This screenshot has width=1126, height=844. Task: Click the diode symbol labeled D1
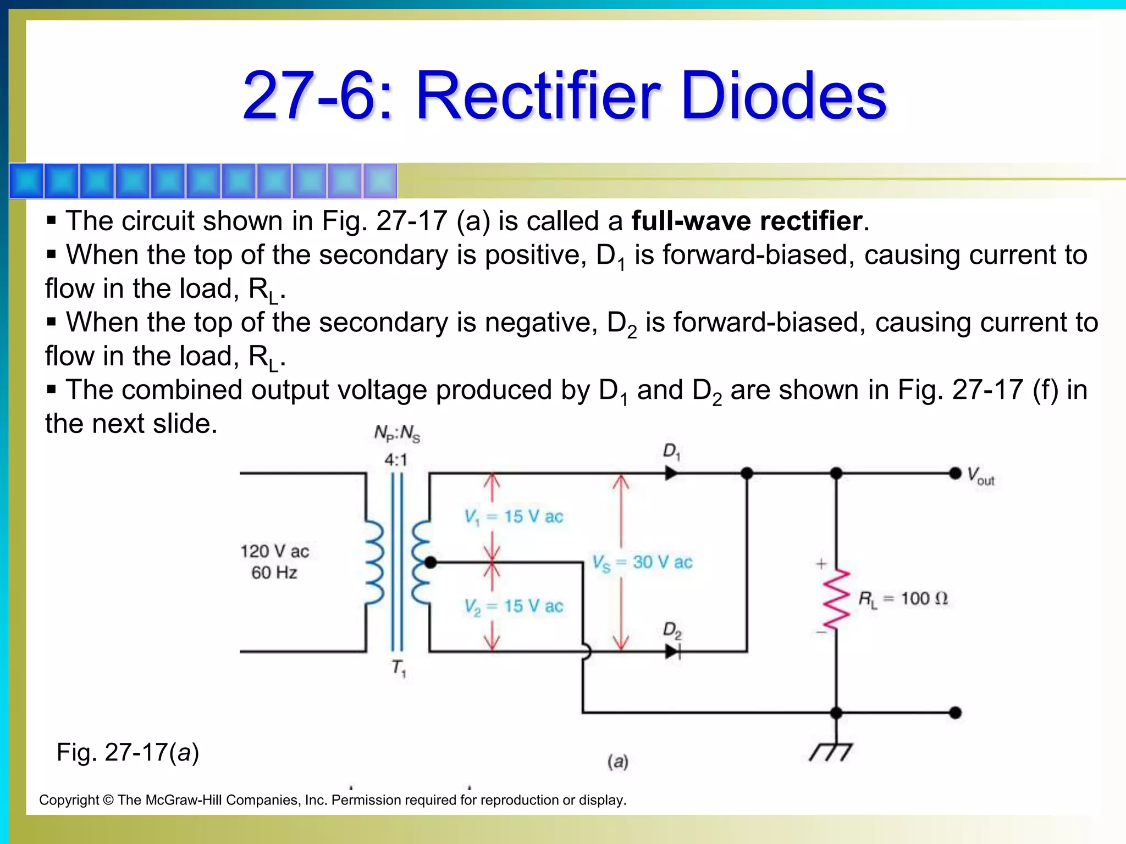(x=671, y=473)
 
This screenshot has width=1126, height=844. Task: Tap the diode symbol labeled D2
(x=672, y=652)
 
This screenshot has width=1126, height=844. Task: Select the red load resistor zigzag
(x=836, y=599)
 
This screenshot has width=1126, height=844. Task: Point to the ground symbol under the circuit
(x=831, y=752)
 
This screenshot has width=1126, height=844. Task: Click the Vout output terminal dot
(x=956, y=473)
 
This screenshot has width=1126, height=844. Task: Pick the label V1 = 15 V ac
(x=514, y=517)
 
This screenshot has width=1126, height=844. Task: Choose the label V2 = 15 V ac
(x=514, y=606)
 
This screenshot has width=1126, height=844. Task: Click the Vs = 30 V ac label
(x=642, y=562)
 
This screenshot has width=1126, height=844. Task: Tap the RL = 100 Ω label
(x=903, y=598)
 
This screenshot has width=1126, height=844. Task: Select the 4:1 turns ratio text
(x=396, y=459)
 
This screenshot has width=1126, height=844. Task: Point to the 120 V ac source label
(x=274, y=551)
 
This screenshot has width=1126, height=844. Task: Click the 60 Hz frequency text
(x=274, y=573)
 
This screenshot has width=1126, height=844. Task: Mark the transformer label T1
(x=399, y=668)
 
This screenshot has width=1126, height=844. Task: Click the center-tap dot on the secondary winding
(x=430, y=562)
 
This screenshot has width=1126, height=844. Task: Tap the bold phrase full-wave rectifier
(x=747, y=221)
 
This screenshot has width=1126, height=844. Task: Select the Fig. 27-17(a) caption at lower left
(x=128, y=752)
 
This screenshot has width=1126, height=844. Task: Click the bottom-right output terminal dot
(x=956, y=713)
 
